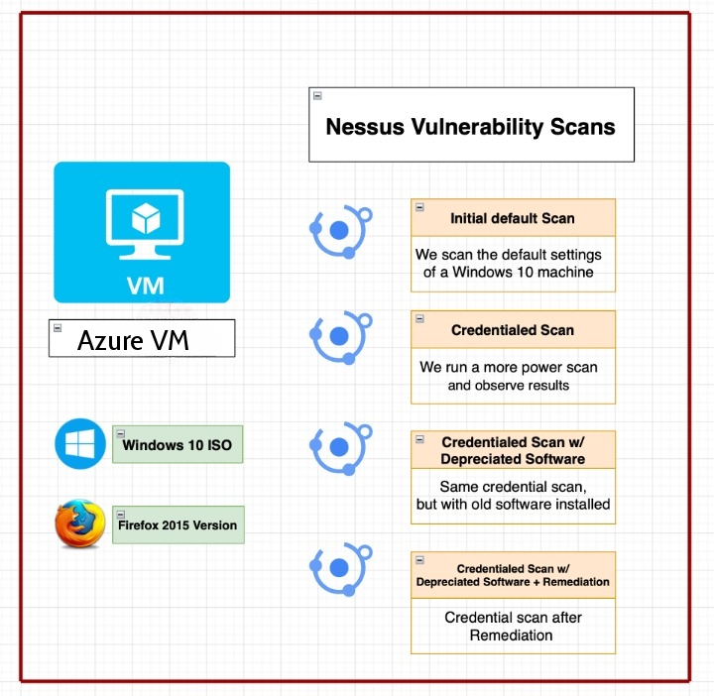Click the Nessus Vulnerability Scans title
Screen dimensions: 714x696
coord(470,127)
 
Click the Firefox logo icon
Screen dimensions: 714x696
coord(80,523)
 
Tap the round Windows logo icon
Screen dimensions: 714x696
coord(80,444)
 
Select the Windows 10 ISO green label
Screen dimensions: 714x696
coord(178,444)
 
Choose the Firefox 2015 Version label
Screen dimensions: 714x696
coord(178,524)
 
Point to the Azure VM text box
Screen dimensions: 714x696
coord(142,338)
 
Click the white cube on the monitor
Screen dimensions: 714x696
coord(146,218)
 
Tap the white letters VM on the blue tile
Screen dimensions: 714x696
coord(146,286)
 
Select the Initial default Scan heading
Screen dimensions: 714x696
coord(513,218)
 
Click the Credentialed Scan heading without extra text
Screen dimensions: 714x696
coord(513,330)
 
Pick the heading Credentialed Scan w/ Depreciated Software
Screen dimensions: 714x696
coord(513,450)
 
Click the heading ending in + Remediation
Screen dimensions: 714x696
coord(513,575)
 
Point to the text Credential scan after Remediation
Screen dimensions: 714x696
coord(513,626)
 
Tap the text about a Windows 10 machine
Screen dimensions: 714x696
coord(508,263)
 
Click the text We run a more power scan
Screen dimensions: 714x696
coord(509,367)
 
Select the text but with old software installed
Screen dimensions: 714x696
coord(514,504)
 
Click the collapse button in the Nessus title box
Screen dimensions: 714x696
coord(317,95)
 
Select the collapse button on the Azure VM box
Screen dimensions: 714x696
coord(58,328)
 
